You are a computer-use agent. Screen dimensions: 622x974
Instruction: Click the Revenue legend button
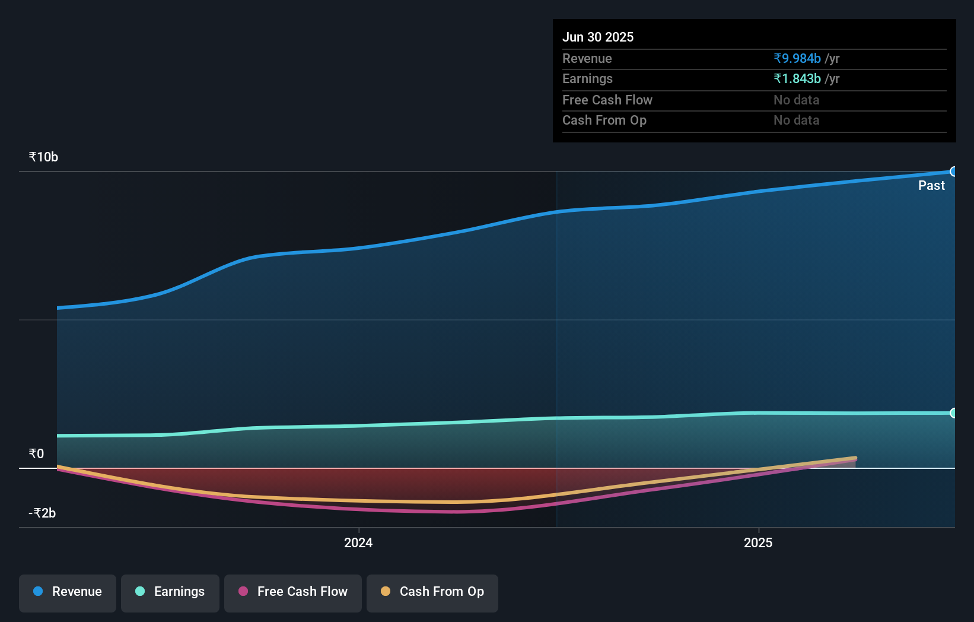[68, 592]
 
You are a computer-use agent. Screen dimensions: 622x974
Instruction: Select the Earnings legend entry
[170, 592]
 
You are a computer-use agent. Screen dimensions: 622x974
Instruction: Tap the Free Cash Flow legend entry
[293, 592]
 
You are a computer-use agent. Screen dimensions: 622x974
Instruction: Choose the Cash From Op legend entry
[432, 592]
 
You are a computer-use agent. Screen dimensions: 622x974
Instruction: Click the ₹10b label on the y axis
[43, 157]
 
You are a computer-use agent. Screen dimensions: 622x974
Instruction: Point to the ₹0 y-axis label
[36, 454]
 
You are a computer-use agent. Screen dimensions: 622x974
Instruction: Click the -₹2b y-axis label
[42, 513]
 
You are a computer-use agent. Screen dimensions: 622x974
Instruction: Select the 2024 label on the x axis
[358, 543]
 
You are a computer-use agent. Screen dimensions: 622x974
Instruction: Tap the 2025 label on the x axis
[758, 543]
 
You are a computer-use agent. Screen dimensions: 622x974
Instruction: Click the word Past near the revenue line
[931, 186]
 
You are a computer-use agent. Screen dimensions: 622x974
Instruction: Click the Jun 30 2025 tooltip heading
[598, 37]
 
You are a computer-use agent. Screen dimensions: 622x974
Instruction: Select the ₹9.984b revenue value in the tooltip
[797, 59]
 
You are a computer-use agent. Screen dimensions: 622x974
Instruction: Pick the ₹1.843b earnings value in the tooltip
[797, 79]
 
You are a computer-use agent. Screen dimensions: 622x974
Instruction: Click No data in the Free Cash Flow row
[796, 100]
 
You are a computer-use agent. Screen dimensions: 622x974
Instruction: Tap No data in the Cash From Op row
[796, 120]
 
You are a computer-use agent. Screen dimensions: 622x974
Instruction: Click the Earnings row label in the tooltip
[587, 79]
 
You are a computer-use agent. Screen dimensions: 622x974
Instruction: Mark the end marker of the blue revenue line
[953, 172]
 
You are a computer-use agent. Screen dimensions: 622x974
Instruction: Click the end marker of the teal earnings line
[953, 413]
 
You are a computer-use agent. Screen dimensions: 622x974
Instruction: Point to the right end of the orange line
[855, 458]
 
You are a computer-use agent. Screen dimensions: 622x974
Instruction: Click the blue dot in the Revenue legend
[38, 592]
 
